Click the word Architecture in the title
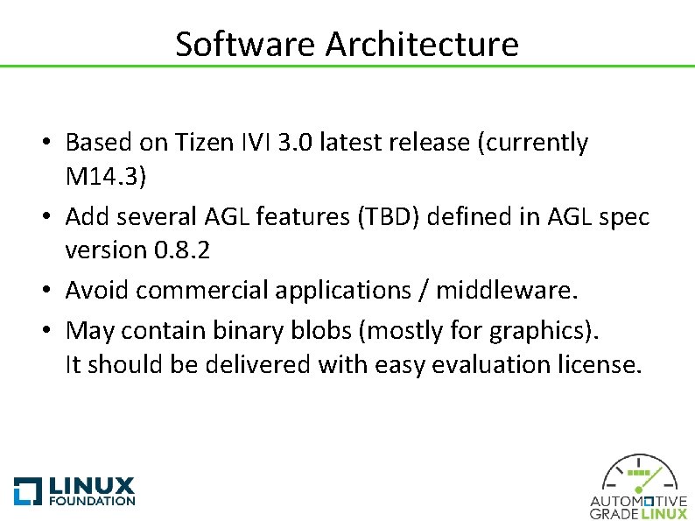tap(422, 44)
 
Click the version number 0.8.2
tap(183, 250)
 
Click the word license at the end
tap(599, 364)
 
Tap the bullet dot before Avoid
tap(54, 290)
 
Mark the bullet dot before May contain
tap(54, 331)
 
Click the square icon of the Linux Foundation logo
tap(28, 491)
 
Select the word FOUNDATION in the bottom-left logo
tap(93, 501)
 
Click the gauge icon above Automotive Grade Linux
tap(638, 478)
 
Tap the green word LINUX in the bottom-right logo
tap(664, 514)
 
